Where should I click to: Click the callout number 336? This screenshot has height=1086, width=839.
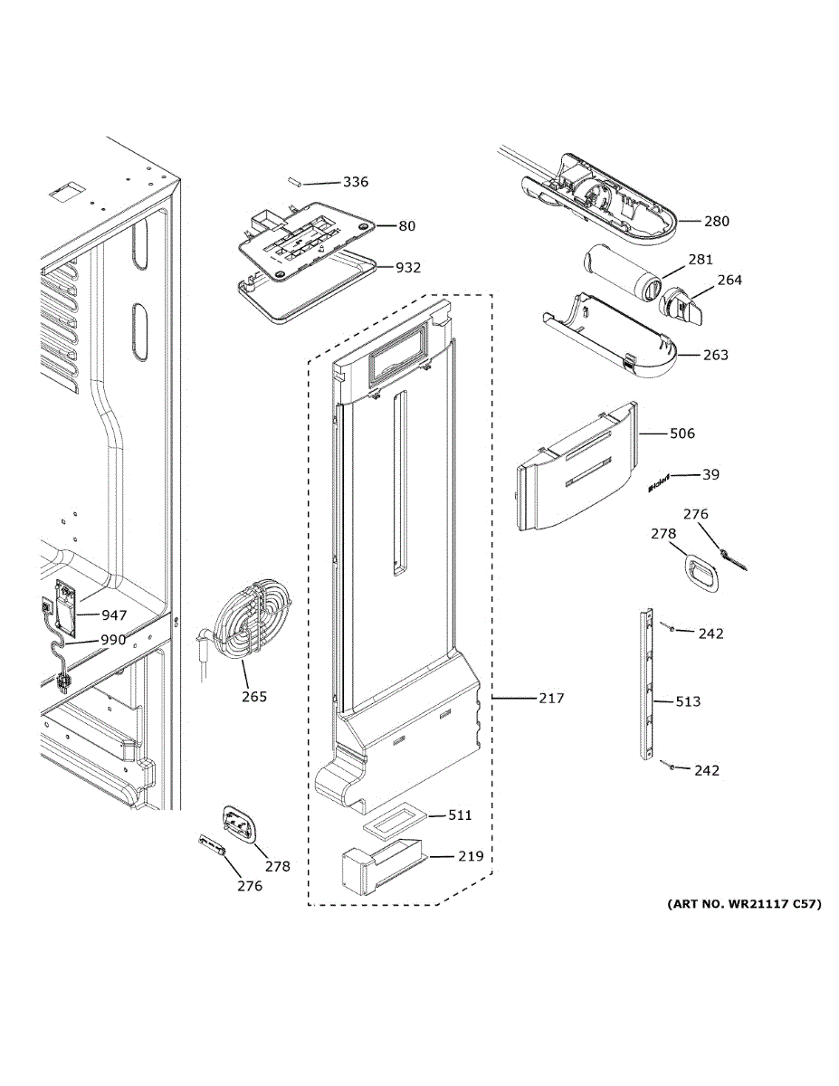(355, 182)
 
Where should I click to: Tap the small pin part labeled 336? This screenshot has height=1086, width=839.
(294, 180)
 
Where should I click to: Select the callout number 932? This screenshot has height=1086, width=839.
(408, 268)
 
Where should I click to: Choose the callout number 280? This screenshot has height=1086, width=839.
(716, 221)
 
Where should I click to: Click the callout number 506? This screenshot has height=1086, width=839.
(682, 433)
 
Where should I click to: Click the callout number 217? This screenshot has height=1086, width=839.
(550, 698)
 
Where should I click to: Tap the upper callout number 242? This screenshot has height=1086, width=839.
(711, 633)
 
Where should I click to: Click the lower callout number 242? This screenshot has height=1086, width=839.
(707, 770)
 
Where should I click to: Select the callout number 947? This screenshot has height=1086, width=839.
(114, 615)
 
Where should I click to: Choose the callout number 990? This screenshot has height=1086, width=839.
(113, 640)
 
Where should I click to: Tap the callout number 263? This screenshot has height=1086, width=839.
(715, 355)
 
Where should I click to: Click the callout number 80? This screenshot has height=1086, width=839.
(407, 225)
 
